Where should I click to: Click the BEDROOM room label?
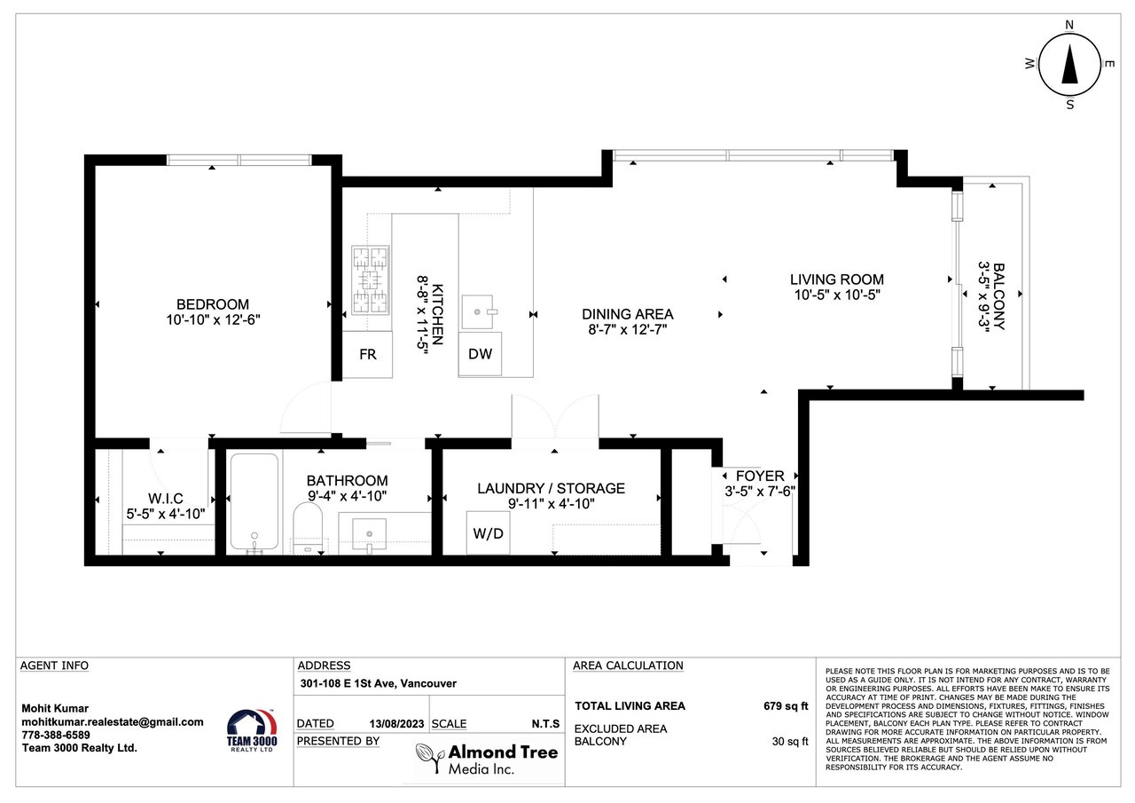coord(213,304)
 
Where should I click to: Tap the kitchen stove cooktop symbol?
coord(371,279)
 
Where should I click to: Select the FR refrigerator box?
coord(368,354)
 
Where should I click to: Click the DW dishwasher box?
coord(480,354)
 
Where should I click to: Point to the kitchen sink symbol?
coord(477,311)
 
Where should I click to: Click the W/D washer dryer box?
coord(488,532)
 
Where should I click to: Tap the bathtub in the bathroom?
coord(254,502)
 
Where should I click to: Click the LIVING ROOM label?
coord(836,279)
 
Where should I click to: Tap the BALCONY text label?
coord(998,296)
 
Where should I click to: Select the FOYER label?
coord(760,476)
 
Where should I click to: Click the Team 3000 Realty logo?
coord(252,730)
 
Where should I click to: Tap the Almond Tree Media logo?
coord(487,759)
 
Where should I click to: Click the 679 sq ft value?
coord(786,706)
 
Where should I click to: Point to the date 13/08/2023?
coord(396,724)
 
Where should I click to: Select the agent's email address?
coord(113,722)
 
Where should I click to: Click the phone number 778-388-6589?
coord(56,735)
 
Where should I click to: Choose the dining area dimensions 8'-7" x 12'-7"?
coord(627,329)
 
